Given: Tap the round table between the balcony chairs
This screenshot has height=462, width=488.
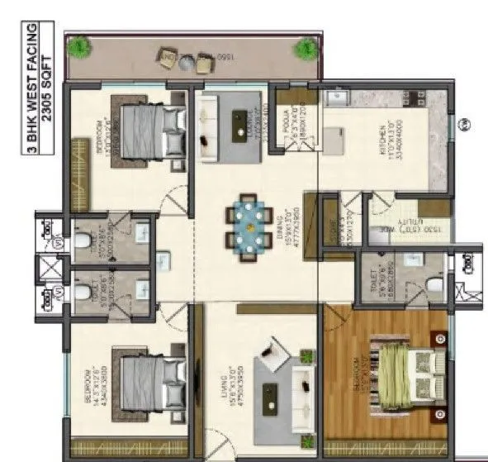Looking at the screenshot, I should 187,60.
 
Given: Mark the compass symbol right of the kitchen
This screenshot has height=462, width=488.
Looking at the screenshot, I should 465,125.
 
